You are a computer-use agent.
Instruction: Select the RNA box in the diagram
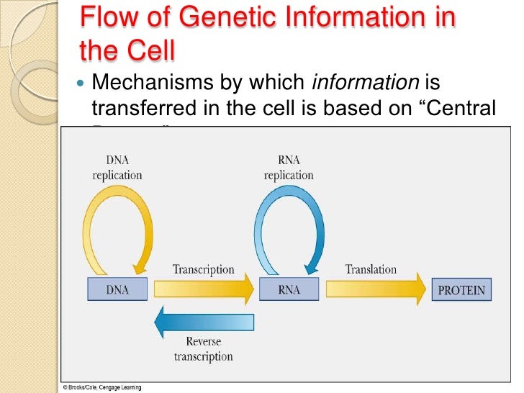click(x=288, y=290)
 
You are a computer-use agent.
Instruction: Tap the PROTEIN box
click(x=461, y=291)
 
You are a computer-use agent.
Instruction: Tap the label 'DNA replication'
click(x=117, y=168)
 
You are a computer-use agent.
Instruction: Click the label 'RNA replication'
click(x=289, y=168)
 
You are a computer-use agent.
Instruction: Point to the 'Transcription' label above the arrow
click(x=203, y=269)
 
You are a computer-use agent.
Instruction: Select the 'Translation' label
click(x=371, y=268)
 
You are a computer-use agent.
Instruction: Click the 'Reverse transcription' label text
click(x=203, y=349)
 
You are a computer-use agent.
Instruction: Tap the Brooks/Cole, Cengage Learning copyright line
click(x=101, y=388)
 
